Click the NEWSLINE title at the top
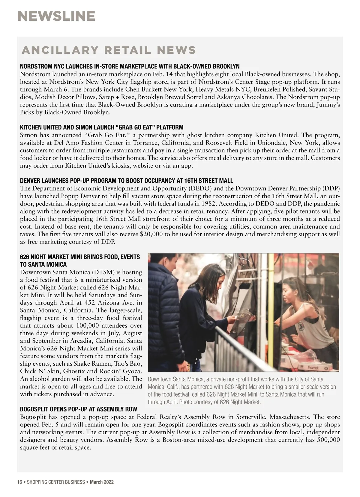pos(56,16)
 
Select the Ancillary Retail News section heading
pos(109,50)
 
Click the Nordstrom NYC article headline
pos(130,66)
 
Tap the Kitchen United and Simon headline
pos(101,127)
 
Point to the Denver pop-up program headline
pos(126,181)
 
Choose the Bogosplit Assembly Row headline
pos(79,409)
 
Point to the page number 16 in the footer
pos(20,482)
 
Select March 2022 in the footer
pos(102,482)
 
